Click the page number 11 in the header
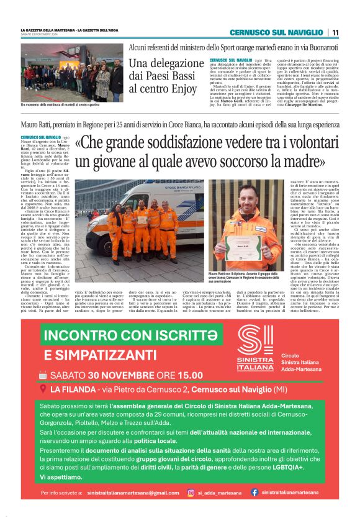click(x=335, y=32)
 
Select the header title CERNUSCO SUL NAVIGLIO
click(x=277, y=32)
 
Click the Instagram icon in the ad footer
click(x=191, y=493)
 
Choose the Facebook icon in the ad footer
click(x=254, y=493)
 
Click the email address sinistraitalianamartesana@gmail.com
click(x=133, y=493)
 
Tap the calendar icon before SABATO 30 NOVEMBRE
click(x=43, y=375)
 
